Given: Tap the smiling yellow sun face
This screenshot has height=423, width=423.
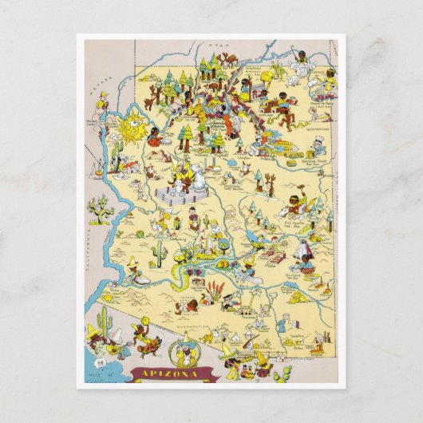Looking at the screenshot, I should [x=133, y=126].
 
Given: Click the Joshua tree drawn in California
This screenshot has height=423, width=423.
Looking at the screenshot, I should [x=100, y=209].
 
